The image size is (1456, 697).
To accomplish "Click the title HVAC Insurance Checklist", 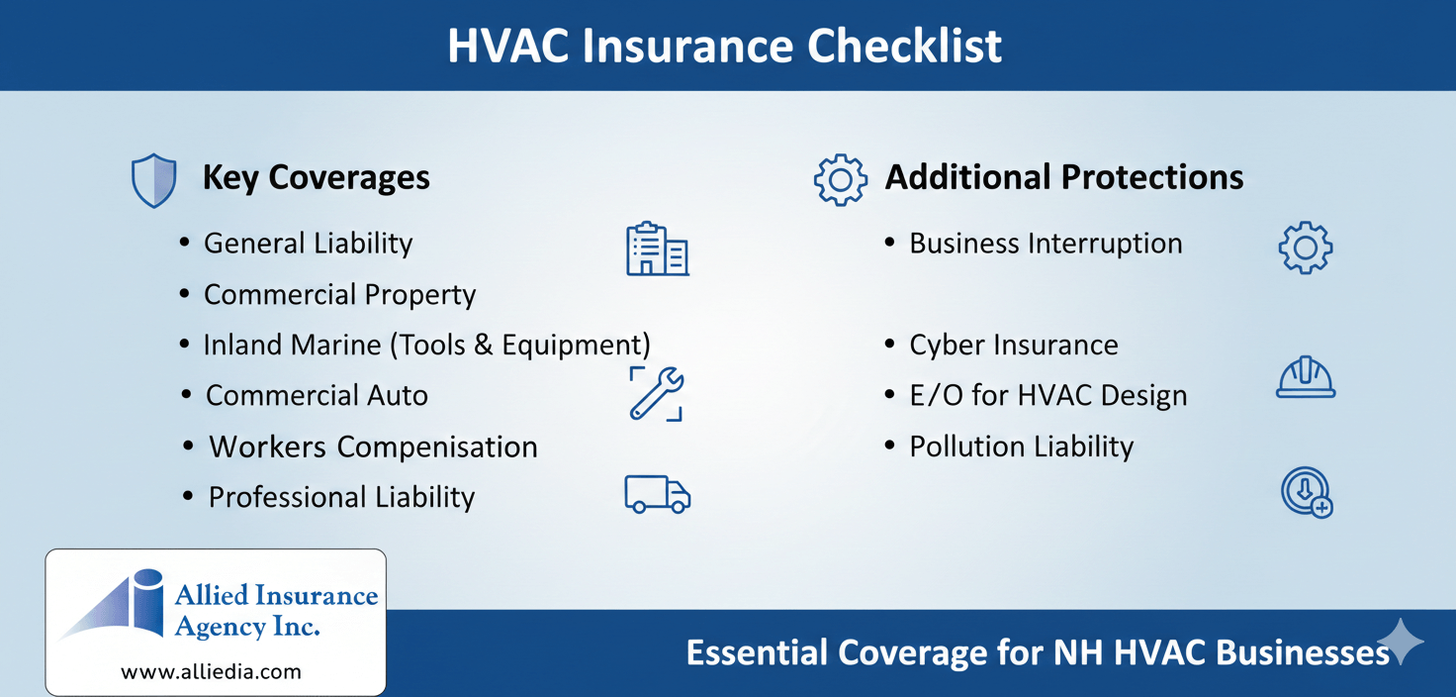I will click(725, 46).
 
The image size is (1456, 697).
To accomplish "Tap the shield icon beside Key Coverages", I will click(153, 181).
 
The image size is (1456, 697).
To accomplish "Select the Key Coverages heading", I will click(316, 177).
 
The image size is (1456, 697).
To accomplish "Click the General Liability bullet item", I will click(308, 244).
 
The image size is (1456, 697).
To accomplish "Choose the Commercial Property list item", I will click(339, 295).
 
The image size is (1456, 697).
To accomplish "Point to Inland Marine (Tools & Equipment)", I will click(426, 345).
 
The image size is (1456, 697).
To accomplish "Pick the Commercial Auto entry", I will click(317, 396).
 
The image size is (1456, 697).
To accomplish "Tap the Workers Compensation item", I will click(373, 447).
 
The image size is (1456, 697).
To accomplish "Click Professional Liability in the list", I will click(341, 497).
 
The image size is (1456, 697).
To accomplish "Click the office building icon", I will click(657, 249).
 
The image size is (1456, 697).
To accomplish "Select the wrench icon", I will click(656, 393).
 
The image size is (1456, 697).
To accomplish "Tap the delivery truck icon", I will click(657, 494).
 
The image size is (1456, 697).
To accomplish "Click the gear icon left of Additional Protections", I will click(840, 180).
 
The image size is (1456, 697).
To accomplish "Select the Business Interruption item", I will click(1046, 244).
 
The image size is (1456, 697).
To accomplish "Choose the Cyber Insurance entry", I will click(1014, 345).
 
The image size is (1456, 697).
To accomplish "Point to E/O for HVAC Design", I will click(1047, 396).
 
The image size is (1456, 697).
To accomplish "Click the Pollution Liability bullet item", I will click(1021, 447).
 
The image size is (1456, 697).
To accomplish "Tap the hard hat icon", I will click(1306, 378).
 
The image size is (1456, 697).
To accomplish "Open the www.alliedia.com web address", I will click(211, 671).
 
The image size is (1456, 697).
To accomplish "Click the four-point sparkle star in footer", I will click(1400, 643).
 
